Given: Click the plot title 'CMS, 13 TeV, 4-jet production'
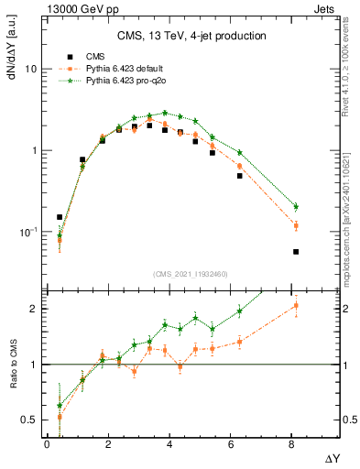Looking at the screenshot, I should tap(191, 36).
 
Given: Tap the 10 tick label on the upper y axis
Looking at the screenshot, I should tap(31, 70).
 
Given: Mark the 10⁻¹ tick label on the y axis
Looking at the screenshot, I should tap(27, 232).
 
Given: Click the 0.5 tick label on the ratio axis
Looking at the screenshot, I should tap(29, 420).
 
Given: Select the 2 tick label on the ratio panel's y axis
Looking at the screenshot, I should tap(33, 309).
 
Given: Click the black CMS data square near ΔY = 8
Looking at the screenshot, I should tap(296, 251).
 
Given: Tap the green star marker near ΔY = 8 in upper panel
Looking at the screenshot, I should tap(296, 206).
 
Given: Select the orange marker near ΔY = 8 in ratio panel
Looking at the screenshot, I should tap(296, 306).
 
